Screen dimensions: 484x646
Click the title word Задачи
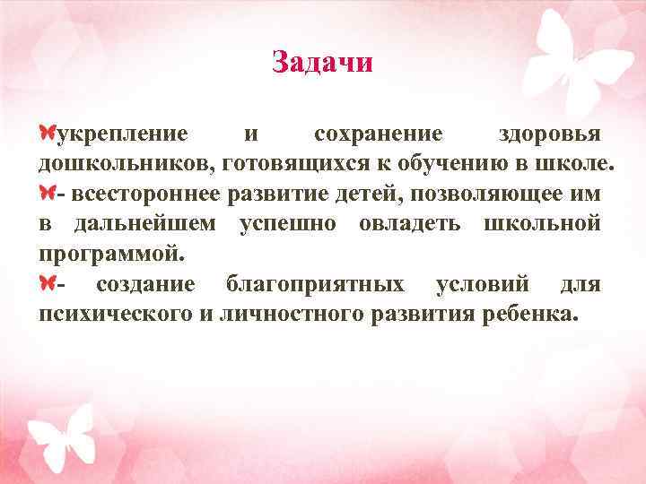[321, 62]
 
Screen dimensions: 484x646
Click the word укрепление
[122, 134]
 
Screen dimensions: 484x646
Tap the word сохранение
[378, 134]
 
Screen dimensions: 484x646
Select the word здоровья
[549, 134]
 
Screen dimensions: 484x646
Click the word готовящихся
[286, 164]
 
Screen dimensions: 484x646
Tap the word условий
[482, 285]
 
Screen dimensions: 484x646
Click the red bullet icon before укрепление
[47, 134]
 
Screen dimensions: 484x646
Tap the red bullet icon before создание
[47, 284]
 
